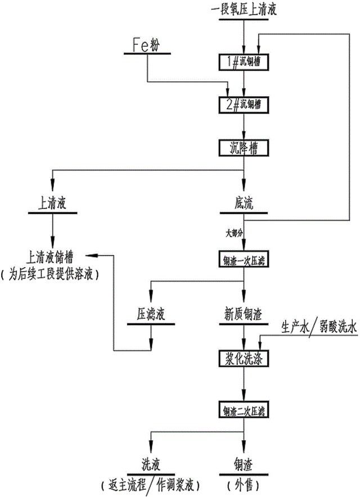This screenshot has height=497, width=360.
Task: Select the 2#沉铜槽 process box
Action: (243, 104)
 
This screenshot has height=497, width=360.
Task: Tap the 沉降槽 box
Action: (243, 147)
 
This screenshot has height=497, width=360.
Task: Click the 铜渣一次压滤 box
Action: (243, 260)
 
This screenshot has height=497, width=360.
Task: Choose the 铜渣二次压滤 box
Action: (243, 409)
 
